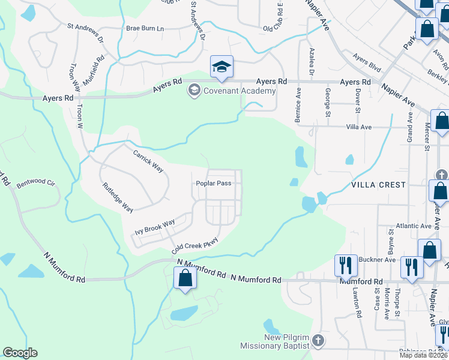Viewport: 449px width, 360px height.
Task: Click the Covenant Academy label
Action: (x=239, y=91)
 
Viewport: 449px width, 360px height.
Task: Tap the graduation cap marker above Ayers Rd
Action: (x=221, y=67)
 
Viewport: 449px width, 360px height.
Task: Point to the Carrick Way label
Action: (x=148, y=161)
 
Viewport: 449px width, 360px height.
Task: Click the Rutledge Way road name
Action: (x=118, y=197)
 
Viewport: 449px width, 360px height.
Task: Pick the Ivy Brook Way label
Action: (x=154, y=226)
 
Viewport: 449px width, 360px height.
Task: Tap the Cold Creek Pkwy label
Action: (x=194, y=245)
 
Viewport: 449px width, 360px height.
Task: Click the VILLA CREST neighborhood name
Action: (x=379, y=185)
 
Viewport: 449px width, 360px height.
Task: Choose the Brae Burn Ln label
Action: (x=145, y=28)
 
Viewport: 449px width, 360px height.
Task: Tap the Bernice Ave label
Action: (x=298, y=107)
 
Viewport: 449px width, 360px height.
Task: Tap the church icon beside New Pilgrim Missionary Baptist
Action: (x=318, y=341)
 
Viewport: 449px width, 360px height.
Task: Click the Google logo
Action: (x=20, y=353)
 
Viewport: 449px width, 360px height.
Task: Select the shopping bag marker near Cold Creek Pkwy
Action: (x=184, y=278)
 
